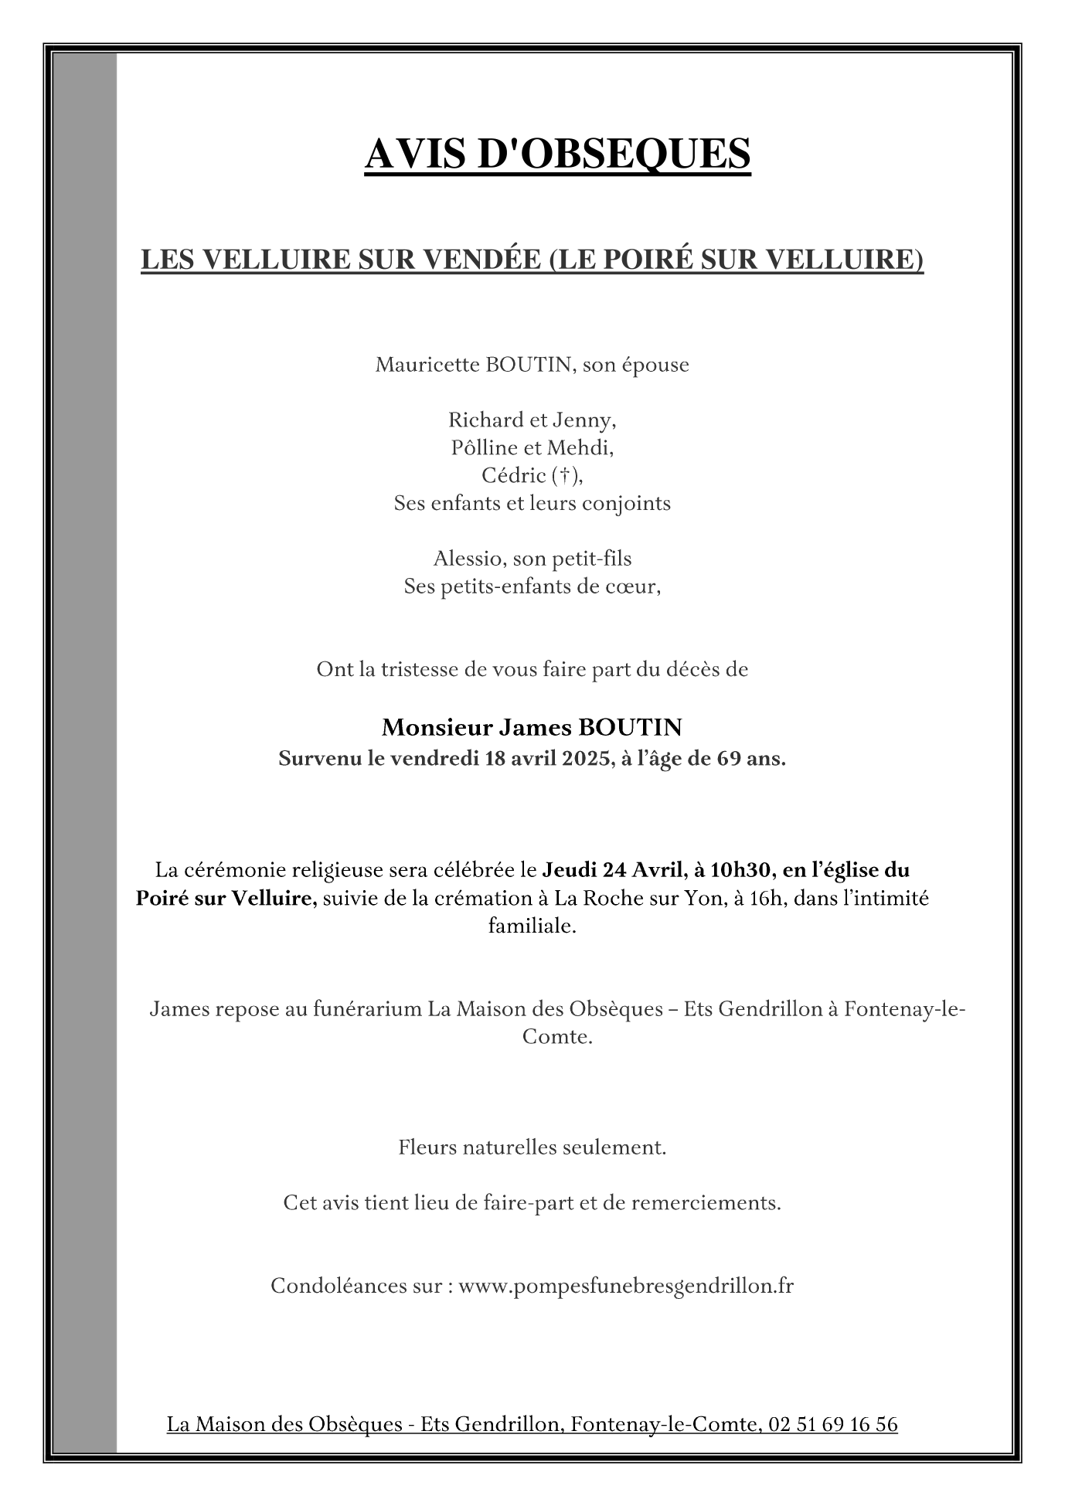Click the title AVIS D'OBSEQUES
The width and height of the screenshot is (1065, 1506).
tap(556, 153)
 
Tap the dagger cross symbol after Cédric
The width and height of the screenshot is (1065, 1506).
tap(567, 476)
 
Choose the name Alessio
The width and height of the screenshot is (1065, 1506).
tap(468, 559)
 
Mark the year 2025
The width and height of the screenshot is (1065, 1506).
tap(585, 759)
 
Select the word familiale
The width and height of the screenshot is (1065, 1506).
tap(532, 926)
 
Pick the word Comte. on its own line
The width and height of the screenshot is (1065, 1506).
tap(557, 1037)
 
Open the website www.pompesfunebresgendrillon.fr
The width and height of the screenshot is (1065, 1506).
tap(625, 1287)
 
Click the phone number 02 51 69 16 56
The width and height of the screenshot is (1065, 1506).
tap(833, 1424)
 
